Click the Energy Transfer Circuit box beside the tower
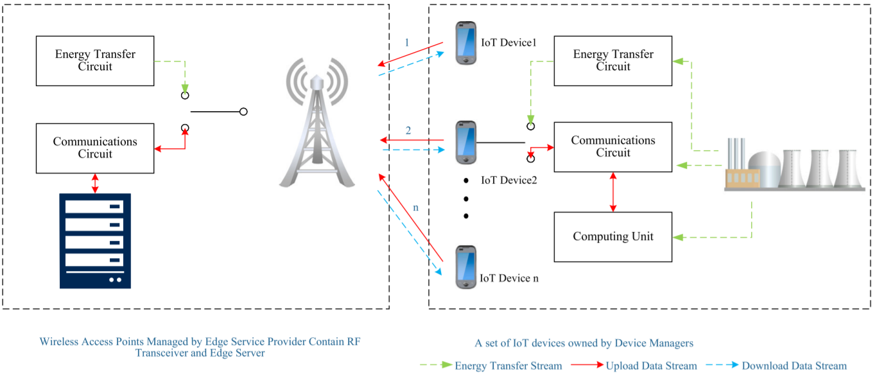coord(95,61)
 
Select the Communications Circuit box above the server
coord(95,148)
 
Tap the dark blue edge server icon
coord(95,241)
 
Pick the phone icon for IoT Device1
coord(466,43)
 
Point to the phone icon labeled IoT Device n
coord(466,267)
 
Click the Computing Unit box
coord(613,237)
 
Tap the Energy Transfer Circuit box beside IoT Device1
coord(613,61)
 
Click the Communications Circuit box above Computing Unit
coord(613,147)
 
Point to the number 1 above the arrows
coord(406,43)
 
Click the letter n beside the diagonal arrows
coord(416,208)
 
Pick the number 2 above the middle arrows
coord(408,130)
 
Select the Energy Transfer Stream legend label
coord(508,366)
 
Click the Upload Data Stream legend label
coord(651,366)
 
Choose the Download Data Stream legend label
coord(794,366)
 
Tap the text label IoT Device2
coord(509,180)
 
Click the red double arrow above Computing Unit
coord(613,192)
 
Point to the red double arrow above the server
coord(96,183)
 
